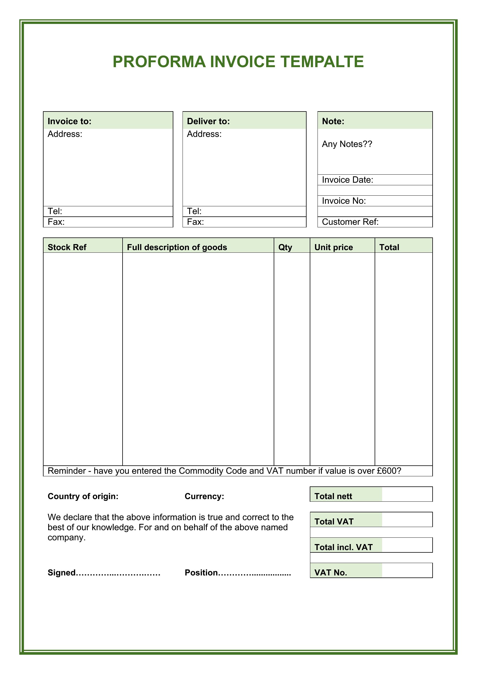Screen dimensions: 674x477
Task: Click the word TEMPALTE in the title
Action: tap(322, 62)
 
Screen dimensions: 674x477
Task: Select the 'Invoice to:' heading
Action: tap(70, 121)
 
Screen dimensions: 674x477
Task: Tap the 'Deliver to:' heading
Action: tap(208, 121)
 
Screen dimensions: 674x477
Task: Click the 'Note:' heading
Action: tap(333, 121)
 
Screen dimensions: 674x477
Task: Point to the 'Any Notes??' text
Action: tap(347, 144)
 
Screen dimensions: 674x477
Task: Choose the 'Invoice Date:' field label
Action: tap(348, 180)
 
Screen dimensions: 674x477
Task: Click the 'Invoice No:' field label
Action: tap(344, 201)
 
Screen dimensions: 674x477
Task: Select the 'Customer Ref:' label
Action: tap(350, 222)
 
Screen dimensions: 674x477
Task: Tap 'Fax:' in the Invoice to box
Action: tap(56, 222)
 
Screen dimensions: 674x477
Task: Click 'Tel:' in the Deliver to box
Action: tap(194, 211)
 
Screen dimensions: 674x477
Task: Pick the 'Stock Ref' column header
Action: tap(67, 247)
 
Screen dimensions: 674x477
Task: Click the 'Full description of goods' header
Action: tap(177, 247)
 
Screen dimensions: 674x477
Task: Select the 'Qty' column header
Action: tap(285, 247)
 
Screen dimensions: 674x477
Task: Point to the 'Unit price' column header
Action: tap(334, 247)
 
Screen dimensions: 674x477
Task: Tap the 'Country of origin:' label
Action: tap(83, 496)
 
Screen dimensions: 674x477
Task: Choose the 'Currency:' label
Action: tap(204, 496)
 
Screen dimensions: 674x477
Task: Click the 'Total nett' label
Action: tap(333, 496)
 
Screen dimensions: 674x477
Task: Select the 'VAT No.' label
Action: tap(331, 573)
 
